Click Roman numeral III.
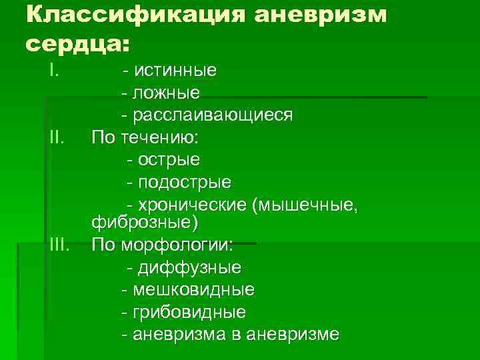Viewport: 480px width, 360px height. (59, 245)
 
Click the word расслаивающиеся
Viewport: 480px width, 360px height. (212, 115)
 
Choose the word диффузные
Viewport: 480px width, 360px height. (189, 267)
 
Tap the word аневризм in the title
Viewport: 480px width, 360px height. (321, 15)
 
